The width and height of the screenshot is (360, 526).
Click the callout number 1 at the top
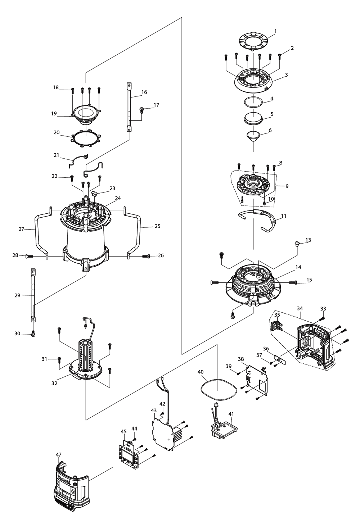[x=275, y=31]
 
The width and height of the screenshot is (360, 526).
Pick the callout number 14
[x=298, y=267]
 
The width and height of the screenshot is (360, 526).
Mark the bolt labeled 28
[x=29, y=256]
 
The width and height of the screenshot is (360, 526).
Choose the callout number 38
[x=251, y=359]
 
